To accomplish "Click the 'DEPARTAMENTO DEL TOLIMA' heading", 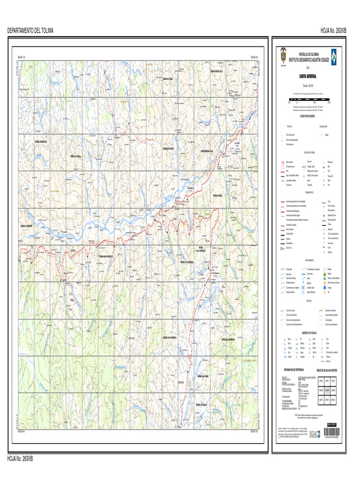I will pyautogui.click(x=30, y=30).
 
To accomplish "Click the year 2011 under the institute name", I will pyautogui.click(x=308, y=67).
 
